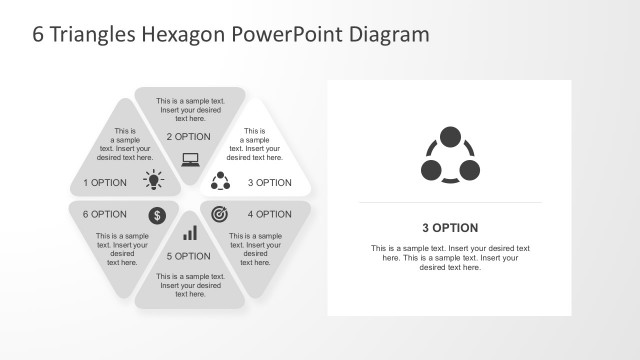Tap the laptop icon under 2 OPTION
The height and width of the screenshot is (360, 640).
point(190,158)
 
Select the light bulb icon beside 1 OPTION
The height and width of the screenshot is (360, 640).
point(153,180)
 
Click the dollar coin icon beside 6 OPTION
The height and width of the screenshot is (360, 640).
point(157,215)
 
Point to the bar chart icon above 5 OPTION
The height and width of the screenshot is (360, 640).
point(190,233)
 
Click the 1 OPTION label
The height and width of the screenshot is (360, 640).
point(105,183)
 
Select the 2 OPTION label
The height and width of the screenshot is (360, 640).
point(189,136)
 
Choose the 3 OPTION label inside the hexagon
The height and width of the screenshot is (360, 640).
point(270,183)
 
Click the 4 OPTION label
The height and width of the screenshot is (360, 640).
point(270,214)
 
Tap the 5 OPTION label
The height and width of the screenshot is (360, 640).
point(188,256)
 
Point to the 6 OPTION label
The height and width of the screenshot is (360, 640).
point(105,214)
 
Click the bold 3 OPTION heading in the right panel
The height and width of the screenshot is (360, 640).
point(450,228)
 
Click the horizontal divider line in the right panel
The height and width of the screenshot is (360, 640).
point(450,203)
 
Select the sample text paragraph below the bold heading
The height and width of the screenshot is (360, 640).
point(450,257)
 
